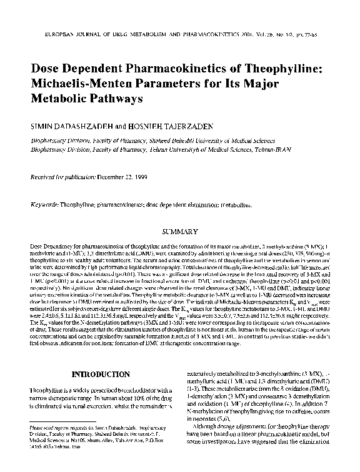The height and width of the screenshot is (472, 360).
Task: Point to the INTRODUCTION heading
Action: point(101,375)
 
